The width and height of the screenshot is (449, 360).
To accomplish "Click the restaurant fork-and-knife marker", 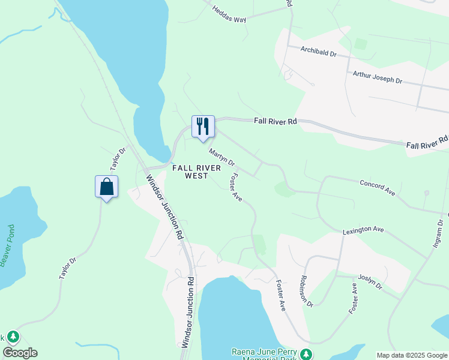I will coord(203,127).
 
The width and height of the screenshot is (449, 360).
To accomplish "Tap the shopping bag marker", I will coord(106,187).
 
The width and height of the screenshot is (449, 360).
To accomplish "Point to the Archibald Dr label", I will coord(319,52).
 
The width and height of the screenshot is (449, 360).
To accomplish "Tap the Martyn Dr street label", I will coord(221,158).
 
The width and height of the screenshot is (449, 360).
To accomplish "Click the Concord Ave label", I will coord(377,187).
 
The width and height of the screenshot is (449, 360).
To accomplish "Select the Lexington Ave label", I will coord(363,229).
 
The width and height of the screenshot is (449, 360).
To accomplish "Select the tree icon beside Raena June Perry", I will coord(307,354).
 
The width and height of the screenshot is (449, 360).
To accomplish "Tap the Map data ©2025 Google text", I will coord(412,355).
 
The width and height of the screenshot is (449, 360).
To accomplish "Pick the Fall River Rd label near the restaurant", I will coord(275,121).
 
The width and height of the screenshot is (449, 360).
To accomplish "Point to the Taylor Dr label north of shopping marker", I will coord(117,159).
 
